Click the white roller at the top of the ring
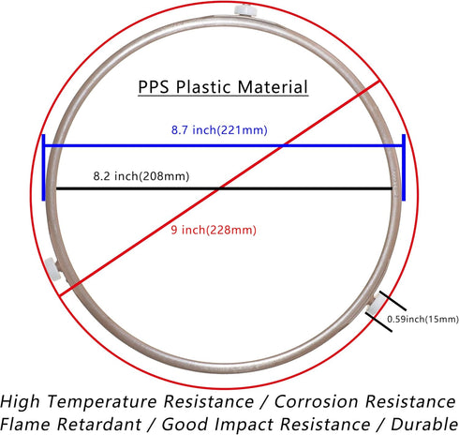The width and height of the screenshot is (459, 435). pos(245,10)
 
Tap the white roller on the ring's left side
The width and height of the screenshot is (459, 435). pos(52,269)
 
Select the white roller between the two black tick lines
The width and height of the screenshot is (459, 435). pos(376,306)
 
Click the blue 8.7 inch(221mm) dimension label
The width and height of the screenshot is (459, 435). pos(219,130)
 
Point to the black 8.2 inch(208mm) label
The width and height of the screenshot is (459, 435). pos(141,176)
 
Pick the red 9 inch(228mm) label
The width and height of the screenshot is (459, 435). pos(214,230)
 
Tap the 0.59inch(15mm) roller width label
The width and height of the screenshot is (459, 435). pos(422,319)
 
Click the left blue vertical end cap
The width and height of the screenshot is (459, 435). pos(43,168)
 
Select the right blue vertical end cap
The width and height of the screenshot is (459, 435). pos(404,168)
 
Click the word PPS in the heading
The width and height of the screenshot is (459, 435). pos(154,87)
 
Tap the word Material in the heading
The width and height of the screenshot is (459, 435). pos(273,87)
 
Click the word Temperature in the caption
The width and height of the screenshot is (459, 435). pos(102,401)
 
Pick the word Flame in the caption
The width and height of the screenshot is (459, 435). pos(25,425)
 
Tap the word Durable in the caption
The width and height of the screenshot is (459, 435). pos(424,425)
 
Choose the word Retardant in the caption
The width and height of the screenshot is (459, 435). pos(100,425)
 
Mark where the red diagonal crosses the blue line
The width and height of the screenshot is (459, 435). pos(283,145)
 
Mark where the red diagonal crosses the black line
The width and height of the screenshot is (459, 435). pos(219,188)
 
